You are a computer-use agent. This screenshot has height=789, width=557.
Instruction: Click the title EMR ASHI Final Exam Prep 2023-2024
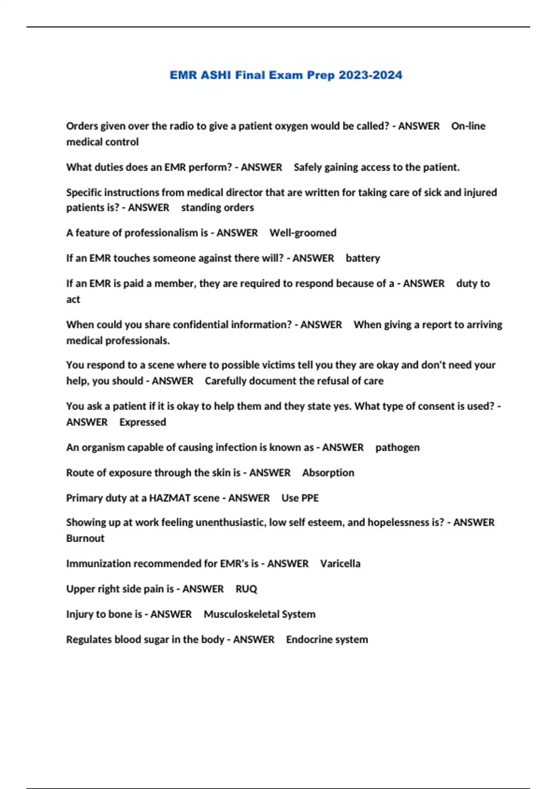[x=285, y=75]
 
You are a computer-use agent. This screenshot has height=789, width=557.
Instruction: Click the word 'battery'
[x=363, y=258]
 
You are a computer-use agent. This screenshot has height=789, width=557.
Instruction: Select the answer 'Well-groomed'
[x=303, y=233]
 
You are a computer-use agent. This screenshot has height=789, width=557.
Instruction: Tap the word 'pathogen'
[x=397, y=447]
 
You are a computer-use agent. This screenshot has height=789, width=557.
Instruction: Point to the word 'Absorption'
[x=328, y=472]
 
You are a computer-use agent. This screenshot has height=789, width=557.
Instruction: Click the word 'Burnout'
[x=85, y=538]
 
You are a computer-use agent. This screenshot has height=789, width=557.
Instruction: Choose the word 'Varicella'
[x=340, y=563]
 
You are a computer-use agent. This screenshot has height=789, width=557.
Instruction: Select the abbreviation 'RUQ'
[x=246, y=589]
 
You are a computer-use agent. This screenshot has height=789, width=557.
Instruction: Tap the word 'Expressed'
[x=142, y=422]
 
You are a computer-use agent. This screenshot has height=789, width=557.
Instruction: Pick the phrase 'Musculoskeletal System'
[x=259, y=614]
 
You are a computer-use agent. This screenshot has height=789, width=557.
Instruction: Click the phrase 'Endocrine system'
[x=327, y=640]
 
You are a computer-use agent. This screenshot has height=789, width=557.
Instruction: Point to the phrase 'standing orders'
[x=217, y=207]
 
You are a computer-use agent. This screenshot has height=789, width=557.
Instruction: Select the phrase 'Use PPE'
[x=300, y=498]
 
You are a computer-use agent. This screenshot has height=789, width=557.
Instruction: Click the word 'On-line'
[x=468, y=126]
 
